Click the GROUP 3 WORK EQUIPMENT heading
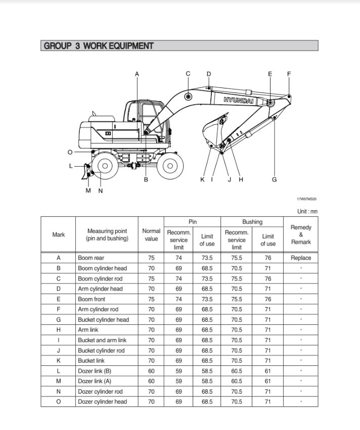point(99,46)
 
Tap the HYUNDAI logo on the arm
point(239,100)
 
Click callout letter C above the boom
point(188,74)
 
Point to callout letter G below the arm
point(275,179)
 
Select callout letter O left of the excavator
point(70,152)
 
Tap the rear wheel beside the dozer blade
point(105,165)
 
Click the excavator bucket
point(212,132)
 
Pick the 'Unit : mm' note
point(307,211)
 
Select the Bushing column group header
point(252,222)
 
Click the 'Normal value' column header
point(151,234)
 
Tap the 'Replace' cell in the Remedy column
point(301,258)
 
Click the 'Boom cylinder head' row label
point(102,268)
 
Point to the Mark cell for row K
point(58,361)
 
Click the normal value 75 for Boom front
point(151,299)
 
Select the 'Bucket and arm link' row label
point(102,340)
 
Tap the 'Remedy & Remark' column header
point(301,234)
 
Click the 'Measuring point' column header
point(107,234)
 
